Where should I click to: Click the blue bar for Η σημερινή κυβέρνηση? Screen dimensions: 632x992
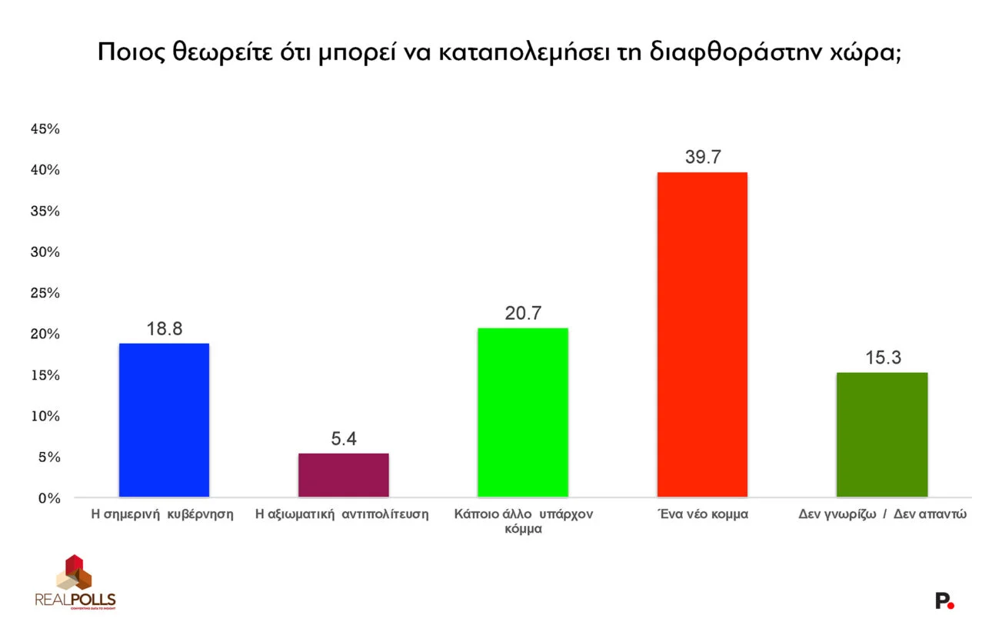tap(164, 420)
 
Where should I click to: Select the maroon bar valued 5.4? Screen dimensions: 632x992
tap(343, 475)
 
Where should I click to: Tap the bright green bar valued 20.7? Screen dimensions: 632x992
tap(523, 412)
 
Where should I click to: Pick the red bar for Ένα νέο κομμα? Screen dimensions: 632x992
tap(702, 334)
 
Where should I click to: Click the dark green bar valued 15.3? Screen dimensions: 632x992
tap(882, 434)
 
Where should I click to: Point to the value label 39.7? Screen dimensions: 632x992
tap(702, 158)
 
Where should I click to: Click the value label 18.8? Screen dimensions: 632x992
tap(164, 329)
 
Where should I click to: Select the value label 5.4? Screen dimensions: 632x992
tap(343, 439)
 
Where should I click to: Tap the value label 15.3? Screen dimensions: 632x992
tap(882, 358)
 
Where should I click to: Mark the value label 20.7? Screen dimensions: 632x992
tap(523, 314)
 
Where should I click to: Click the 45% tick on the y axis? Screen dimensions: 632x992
tap(45, 129)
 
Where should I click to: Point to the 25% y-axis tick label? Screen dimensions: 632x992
tap(45, 293)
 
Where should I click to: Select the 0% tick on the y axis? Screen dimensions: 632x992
tap(48, 498)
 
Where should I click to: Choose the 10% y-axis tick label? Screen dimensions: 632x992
tap(45, 416)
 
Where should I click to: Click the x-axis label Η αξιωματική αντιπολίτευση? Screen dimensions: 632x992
tap(342, 514)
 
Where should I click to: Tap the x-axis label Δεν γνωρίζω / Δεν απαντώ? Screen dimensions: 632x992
tap(882, 514)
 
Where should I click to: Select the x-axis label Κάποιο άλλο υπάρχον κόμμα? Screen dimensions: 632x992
tap(523, 521)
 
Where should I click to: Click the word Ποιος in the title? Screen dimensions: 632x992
tap(126, 53)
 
